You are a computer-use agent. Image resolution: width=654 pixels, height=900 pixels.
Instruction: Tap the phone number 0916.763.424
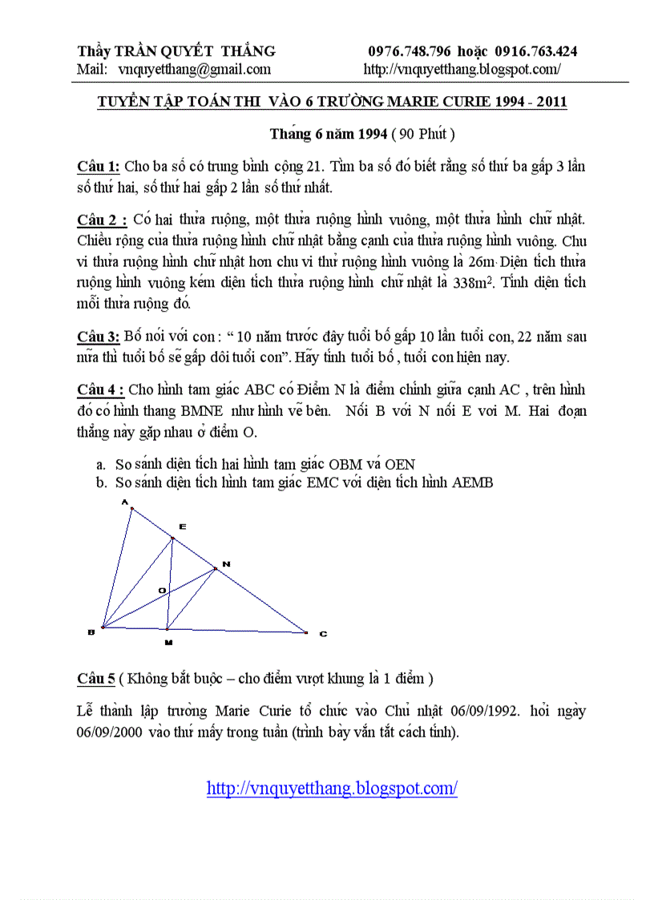tap(536, 51)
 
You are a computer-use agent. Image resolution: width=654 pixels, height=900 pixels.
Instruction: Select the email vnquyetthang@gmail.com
tap(194, 69)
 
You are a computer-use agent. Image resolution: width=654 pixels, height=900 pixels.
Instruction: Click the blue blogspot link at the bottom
tap(332, 788)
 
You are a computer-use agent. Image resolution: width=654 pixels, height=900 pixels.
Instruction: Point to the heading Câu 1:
tap(99, 166)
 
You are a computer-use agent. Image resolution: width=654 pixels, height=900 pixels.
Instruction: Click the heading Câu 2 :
tap(102, 220)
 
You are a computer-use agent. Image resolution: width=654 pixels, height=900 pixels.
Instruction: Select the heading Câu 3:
tap(99, 337)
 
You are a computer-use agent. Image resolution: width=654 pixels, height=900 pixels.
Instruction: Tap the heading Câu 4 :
tap(101, 390)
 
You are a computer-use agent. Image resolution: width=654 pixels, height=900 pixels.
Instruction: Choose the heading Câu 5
tap(96, 679)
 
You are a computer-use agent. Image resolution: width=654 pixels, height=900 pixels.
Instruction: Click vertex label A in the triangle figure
tap(125, 502)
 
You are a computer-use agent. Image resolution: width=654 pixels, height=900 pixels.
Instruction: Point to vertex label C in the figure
tap(323, 634)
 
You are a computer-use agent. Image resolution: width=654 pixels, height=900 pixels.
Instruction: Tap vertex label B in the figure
tap(91, 632)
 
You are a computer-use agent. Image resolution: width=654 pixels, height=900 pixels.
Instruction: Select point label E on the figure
tap(183, 527)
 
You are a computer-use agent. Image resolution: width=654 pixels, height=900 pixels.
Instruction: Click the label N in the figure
tap(226, 565)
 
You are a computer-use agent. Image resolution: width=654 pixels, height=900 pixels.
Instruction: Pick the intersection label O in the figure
tap(161, 591)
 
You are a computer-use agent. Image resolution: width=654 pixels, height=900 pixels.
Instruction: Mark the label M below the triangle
tap(168, 642)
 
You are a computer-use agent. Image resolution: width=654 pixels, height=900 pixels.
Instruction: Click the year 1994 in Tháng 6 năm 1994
tap(373, 133)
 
